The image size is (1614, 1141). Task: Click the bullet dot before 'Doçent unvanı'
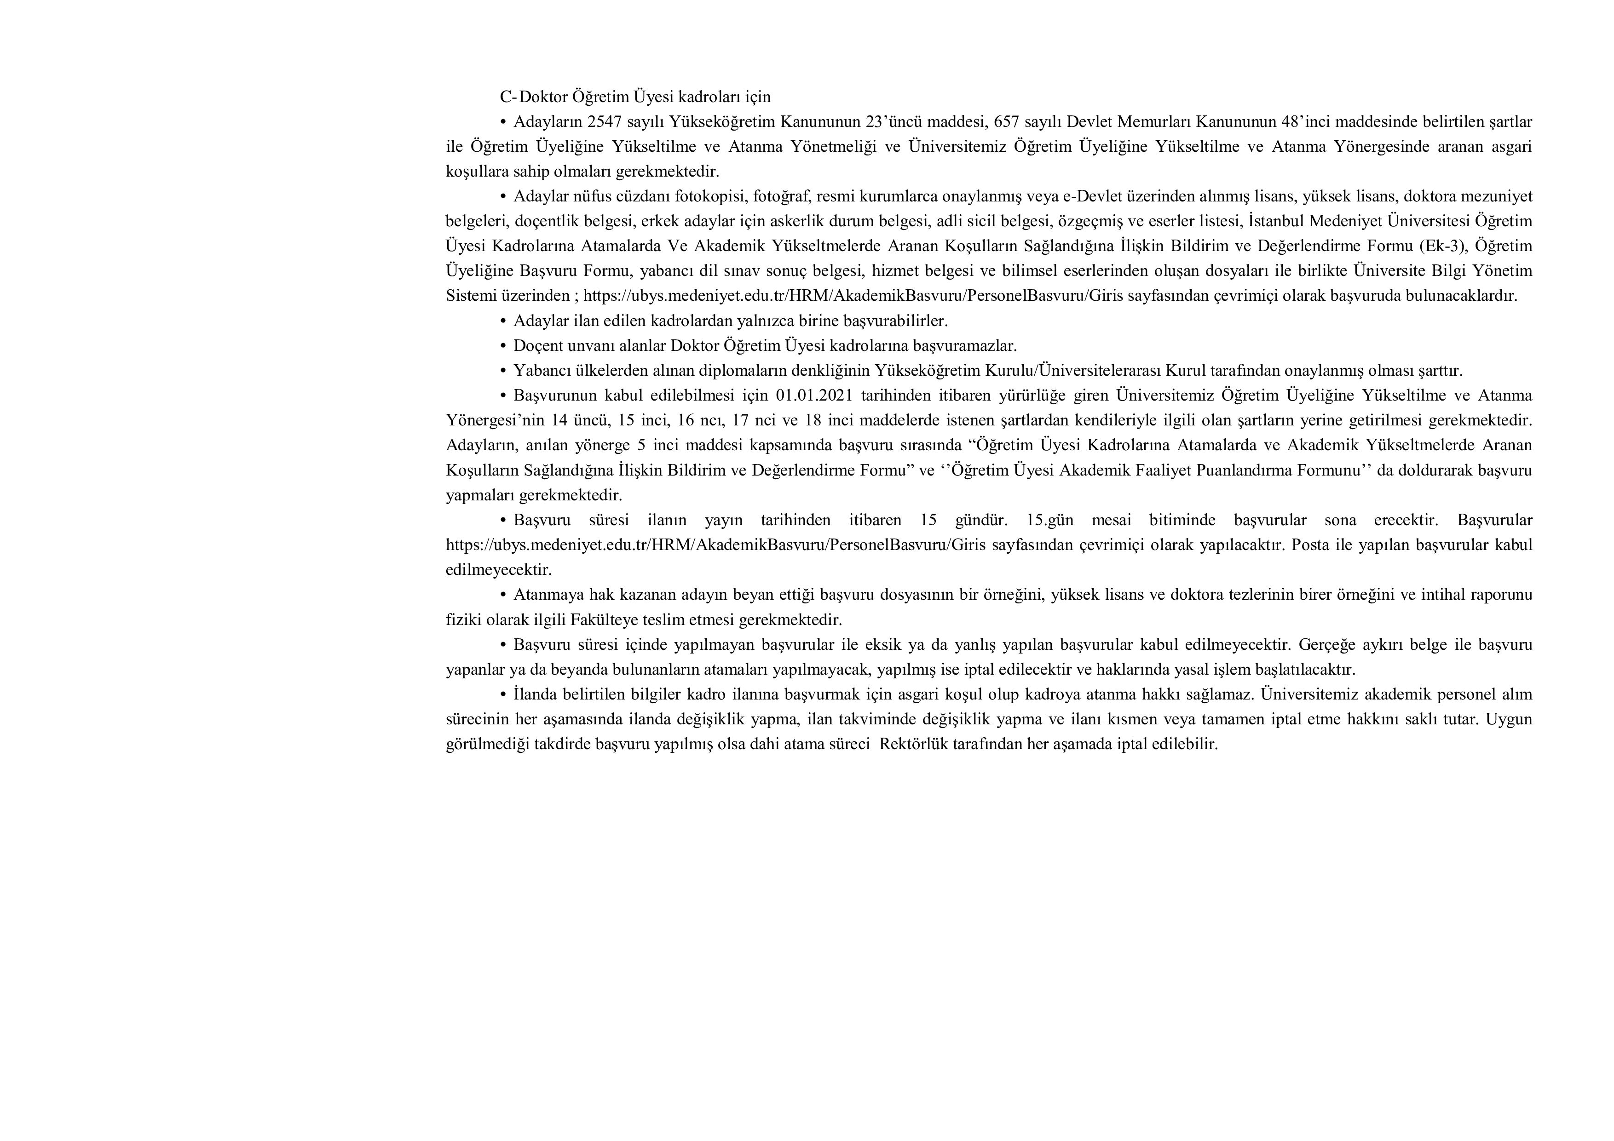(x=503, y=346)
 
